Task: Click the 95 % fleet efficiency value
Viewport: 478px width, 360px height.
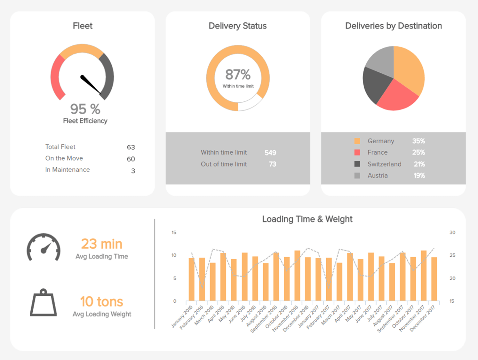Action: tap(85, 109)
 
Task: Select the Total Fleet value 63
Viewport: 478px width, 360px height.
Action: tap(131, 147)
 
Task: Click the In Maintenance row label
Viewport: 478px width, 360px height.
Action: tap(68, 170)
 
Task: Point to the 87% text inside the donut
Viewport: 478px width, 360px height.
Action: tap(238, 75)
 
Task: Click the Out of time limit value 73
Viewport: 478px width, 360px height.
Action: tap(272, 164)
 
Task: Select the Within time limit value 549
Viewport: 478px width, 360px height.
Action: tap(270, 153)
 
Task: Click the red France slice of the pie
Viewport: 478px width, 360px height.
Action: tap(397, 96)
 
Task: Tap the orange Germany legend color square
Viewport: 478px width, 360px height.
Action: tap(357, 141)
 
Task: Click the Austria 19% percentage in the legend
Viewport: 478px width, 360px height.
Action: tap(419, 176)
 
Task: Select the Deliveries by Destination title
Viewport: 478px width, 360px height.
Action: tap(393, 26)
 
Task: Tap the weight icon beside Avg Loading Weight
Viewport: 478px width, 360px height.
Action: tap(43, 303)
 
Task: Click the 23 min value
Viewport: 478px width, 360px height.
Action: tap(102, 244)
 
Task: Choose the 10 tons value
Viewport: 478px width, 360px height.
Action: tap(101, 301)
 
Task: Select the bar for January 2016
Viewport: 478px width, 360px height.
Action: tap(192, 279)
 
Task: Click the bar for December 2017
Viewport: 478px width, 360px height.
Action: tap(434, 279)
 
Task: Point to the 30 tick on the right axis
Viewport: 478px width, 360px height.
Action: tap(452, 232)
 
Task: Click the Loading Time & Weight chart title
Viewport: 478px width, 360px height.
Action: tap(307, 219)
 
